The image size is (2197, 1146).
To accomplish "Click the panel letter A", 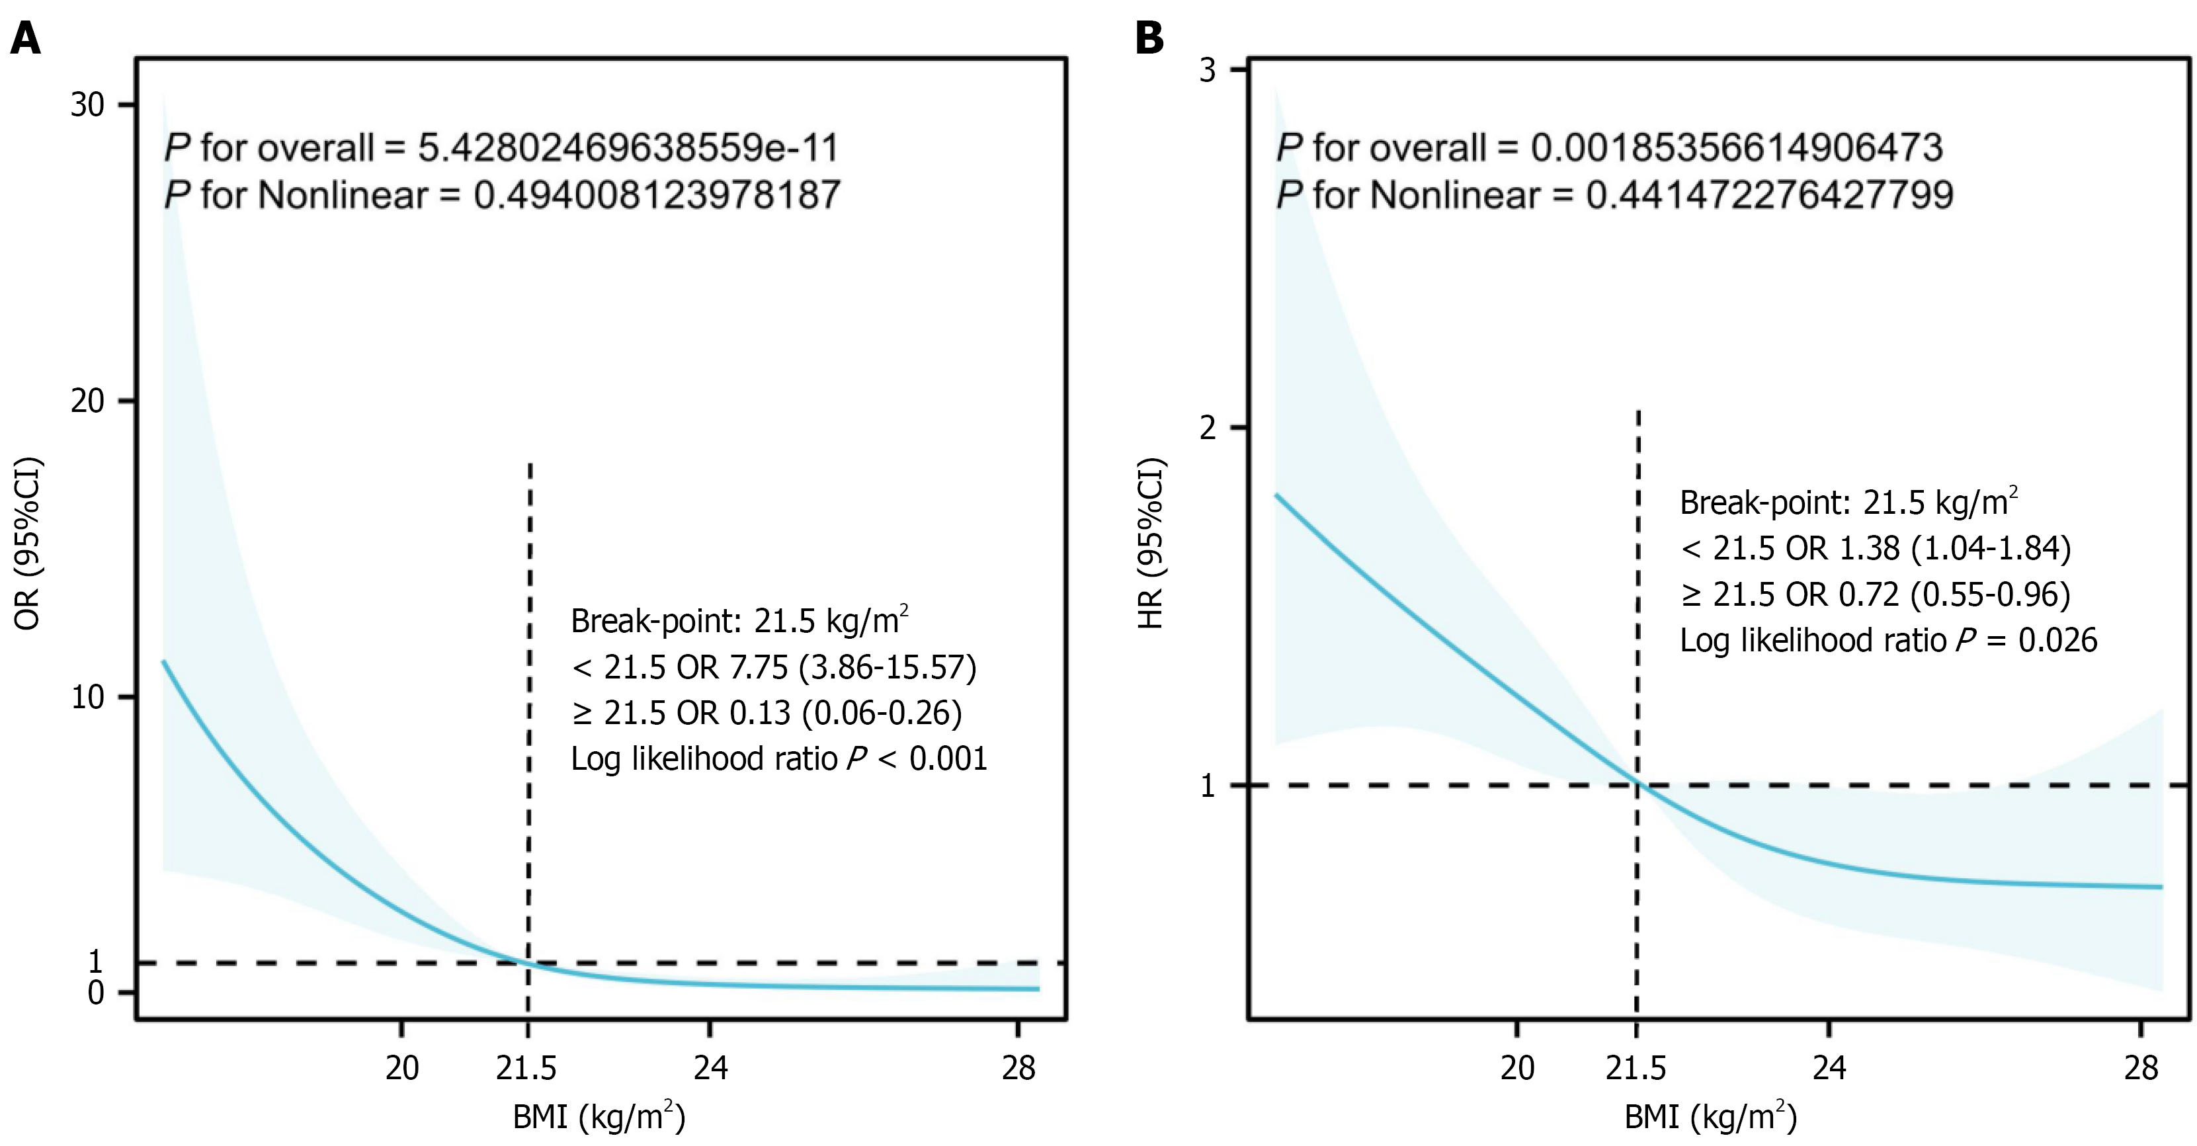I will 26,38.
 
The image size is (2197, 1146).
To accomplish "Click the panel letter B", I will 1149,38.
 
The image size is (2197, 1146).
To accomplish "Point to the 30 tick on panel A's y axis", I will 87,105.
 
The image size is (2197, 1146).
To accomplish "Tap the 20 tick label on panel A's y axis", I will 87,401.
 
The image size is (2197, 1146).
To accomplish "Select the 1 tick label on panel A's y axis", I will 95,962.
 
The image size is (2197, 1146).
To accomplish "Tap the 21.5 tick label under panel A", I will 526,1067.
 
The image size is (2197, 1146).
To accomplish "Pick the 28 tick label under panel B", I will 2141,1067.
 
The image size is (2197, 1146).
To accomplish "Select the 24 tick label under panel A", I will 710,1067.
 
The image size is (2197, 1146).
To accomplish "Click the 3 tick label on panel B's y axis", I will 1207,70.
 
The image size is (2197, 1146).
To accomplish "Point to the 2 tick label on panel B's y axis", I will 1207,427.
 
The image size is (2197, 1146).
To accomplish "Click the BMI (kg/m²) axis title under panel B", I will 1710,1117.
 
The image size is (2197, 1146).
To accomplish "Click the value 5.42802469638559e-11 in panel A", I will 628,147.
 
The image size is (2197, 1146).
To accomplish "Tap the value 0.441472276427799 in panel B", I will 1769,195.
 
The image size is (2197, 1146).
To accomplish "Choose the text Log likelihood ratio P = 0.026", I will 1888,640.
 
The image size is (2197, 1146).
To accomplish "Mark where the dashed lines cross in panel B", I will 1637,784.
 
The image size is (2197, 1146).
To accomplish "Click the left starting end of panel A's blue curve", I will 164,662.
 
